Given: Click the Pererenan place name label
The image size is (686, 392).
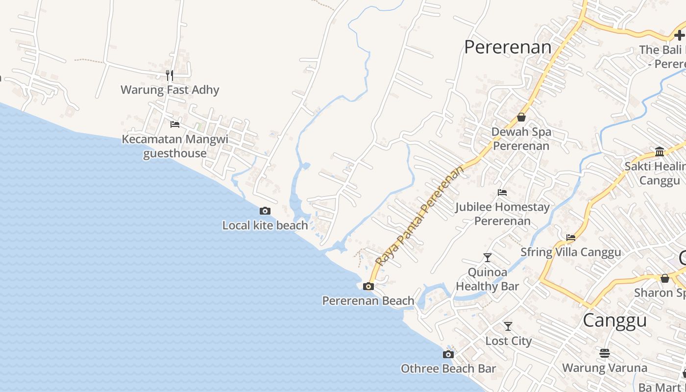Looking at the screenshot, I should pyautogui.click(x=508, y=48).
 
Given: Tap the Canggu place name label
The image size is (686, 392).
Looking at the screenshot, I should pyautogui.click(x=614, y=320).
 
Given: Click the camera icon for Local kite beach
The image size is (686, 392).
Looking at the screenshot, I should pyautogui.click(x=265, y=211).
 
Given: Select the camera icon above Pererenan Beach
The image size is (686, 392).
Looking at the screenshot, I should pyautogui.click(x=368, y=287).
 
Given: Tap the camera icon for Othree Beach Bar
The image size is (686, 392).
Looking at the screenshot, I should pyautogui.click(x=448, y=354).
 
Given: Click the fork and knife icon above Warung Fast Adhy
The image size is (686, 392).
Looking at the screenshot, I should pyautogui.click(x=170, y=75).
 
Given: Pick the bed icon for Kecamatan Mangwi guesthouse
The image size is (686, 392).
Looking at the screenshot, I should pyautogui.click(x=174, y=124).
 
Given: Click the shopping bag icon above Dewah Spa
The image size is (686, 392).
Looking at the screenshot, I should pyautogui.click(x=521, y=118).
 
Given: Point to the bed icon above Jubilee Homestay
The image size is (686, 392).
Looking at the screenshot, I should pyautogui.click(x=502, y=193).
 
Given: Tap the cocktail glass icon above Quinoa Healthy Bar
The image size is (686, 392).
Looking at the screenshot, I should pyautogui.click(x=487, y=257).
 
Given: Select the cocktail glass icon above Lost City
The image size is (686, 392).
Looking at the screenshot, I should pyautogui.click(x=508, y=326).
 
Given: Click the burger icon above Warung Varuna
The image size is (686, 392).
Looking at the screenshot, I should pyautogui.click(x=605, y=353).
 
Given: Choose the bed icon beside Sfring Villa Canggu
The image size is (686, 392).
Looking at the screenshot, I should pyautogui.click(x=571, y=238).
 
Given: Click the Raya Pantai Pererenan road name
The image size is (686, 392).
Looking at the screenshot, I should pyautogui.click(x=419, y=216).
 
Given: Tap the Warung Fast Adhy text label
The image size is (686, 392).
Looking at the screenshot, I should pyautogui.click(x=170, y=90).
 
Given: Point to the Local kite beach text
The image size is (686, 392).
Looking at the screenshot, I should pyautogui.click(x=265, y=225).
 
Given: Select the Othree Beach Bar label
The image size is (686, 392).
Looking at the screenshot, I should pyautogui.click(x=448, y=368).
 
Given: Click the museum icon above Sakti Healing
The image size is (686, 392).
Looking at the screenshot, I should pyautogui.click(x=660, y=151).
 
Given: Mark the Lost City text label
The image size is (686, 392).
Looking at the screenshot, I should pyautogui.click(x=508, y=341).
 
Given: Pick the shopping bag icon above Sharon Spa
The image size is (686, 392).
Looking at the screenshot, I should pyautogui.click(x=665, y=278).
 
